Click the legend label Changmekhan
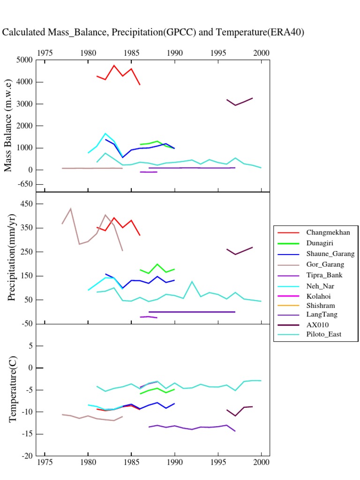[328, 232]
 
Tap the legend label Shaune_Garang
[330, 254]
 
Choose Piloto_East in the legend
[324, 335]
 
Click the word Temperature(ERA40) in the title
[268, 32]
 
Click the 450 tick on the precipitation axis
[25, 204]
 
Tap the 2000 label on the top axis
[261, 53]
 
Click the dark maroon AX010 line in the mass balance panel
[240, 102]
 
